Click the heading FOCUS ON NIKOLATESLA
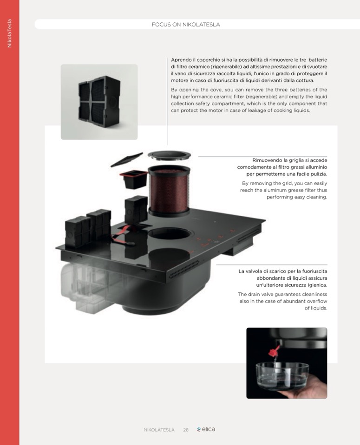[x=186, y=25]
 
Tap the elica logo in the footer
[x=206, y=429]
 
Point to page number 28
[x=186, y=430]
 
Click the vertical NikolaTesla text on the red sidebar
[x=9, y=33]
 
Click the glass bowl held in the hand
[x=282, y=376]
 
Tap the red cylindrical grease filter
[x=169, y=191]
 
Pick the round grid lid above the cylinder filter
[x=169, y=155]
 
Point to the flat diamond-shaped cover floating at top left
[x=126, y=160]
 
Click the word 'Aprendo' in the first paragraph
[x=181, y=60]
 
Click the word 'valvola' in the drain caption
[x=255, y=271]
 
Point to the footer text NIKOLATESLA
[x=159, y=430]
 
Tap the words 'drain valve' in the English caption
[x=260, y=294]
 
